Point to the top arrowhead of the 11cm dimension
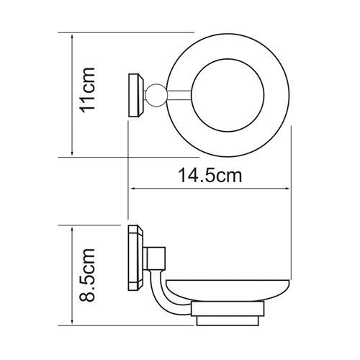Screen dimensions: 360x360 72,35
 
